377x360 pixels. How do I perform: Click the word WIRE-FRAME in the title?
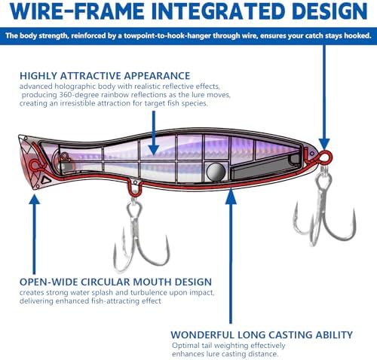pyautogui.click(x=77, y=11)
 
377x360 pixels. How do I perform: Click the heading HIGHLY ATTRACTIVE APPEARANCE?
pyautogui.click(x=105, y=76)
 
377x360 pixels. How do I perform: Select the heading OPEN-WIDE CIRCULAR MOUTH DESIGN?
pyautogui.click(x=115, y=282)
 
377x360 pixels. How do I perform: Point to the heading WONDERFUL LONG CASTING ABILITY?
pyautogui.click(x=262, y=335)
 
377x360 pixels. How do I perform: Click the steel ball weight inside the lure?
pyautogui.click(x=216, y=172)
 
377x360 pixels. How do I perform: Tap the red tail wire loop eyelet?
pyautogui.click(x=325, y=157)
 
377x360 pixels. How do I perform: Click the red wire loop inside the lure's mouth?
pyautogui.click(x=35, y=165)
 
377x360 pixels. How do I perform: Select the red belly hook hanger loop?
pyautogui.click(x=135, y=189)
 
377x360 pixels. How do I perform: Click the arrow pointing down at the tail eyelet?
pyautogui.click(x=324, y=97)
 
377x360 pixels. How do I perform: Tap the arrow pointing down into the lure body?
pyautogui.click(x=154, y=133)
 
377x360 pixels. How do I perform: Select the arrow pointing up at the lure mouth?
pyautogui.click(x=35, y=234)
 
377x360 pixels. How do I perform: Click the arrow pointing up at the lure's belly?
pyautogui.click(x=231, y=255)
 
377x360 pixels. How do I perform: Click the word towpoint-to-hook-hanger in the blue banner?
pyautogui.click(x=167, y=35)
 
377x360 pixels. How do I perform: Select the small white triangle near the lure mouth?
pyautogui.click(x=46, y=180)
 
